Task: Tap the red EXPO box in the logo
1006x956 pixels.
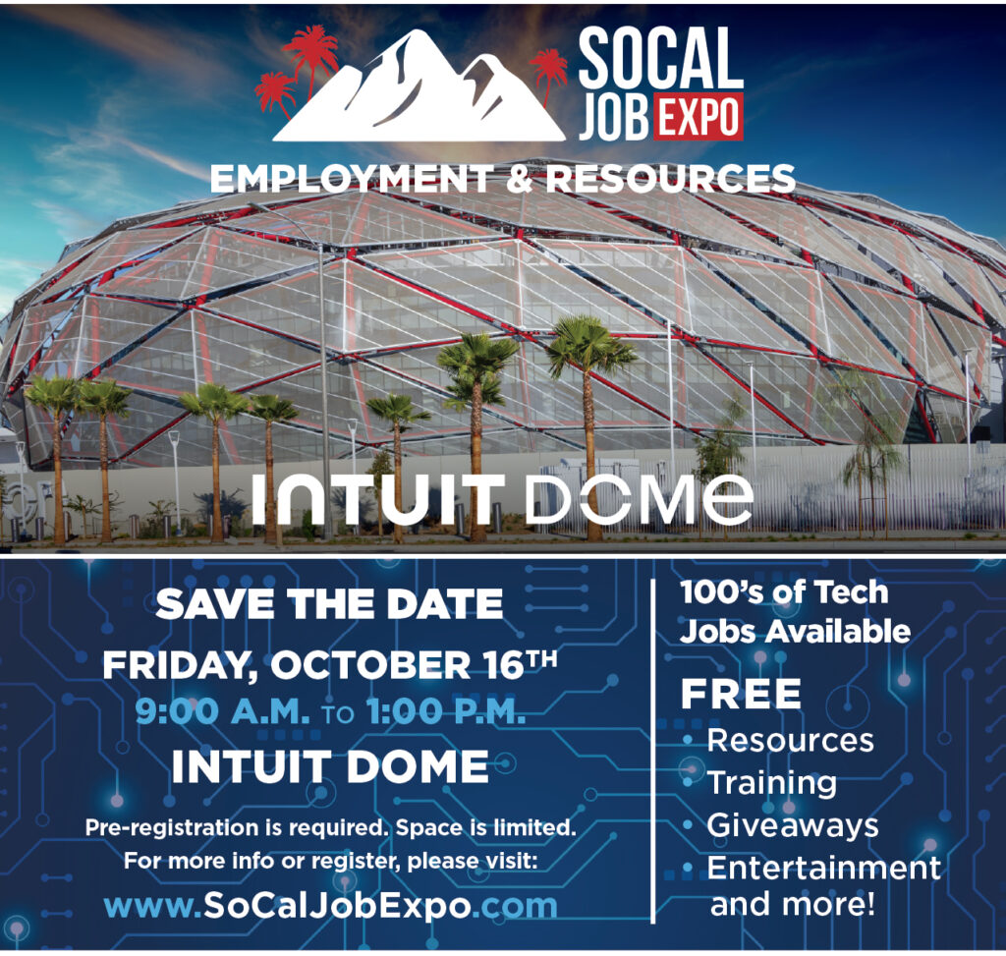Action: [x=699, y=117]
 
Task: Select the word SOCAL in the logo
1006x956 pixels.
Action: [x=661, y=58]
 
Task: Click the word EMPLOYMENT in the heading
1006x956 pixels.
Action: [x=352, y=179]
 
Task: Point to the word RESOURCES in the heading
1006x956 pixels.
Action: [x=671, y=179]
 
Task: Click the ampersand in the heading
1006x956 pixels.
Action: [x=520, y=179]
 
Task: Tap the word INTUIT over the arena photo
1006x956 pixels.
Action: [x=378, y=499]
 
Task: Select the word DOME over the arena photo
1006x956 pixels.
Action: [x=639, y=499]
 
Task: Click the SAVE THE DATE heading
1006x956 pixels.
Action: [x=329, y=603]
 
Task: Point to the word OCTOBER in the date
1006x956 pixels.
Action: [x=371, y=665]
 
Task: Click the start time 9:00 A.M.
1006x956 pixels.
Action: [x=222, y=711]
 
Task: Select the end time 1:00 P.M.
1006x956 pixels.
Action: [x=446, y=711]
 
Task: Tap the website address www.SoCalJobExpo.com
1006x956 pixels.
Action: [x=330, y=905]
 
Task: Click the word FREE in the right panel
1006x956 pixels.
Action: [x=741, y=694]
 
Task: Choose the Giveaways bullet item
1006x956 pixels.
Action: [x=793, y=825]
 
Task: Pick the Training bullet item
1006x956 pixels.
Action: [x=772, y=783]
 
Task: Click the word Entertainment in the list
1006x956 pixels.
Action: [x=824, y=869]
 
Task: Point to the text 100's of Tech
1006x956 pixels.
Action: [x=784, y=591]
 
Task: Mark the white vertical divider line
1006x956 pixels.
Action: [x=653, y=751]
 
